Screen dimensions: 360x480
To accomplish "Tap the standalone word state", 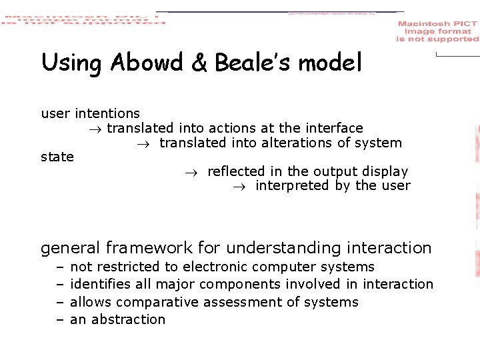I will pyautogui.click(x=57, y=157).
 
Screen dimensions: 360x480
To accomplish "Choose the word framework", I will pyautogui.click(x=149, y=248).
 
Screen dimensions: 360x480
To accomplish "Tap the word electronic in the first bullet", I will pyautogui.click(x=215, y=267).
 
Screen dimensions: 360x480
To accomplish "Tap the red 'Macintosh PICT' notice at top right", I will pyautogui.click(x=437, y=31).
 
